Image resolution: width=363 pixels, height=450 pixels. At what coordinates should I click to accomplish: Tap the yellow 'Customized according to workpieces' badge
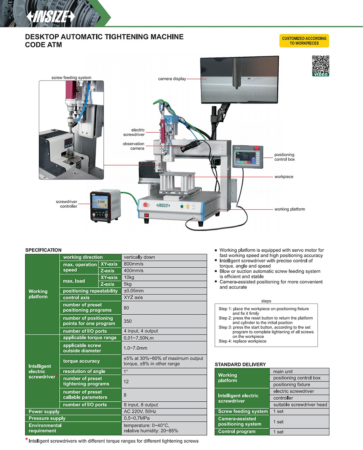tap(304, 41)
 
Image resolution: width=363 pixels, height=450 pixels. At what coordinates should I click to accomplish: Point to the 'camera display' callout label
tap(172, 79)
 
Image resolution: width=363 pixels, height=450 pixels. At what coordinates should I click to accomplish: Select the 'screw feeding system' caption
tap(71, 78)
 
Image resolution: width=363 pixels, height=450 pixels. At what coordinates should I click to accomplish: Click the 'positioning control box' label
tap(284, 157)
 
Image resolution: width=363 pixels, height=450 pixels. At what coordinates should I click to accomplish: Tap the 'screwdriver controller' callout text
tap(67, 204)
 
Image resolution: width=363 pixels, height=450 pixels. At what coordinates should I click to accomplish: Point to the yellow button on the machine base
tap(188, 206)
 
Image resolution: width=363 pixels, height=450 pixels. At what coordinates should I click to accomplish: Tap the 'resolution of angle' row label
tap(84, 372)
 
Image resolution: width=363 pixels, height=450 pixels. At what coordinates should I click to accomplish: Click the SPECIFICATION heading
tap(44, 250)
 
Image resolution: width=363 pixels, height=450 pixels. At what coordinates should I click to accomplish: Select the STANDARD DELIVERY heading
tap(240, 364)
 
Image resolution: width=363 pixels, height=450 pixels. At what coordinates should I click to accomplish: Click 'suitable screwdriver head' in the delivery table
tap(300, 405)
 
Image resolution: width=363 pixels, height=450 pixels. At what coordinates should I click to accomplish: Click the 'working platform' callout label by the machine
tap(290, 209)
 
